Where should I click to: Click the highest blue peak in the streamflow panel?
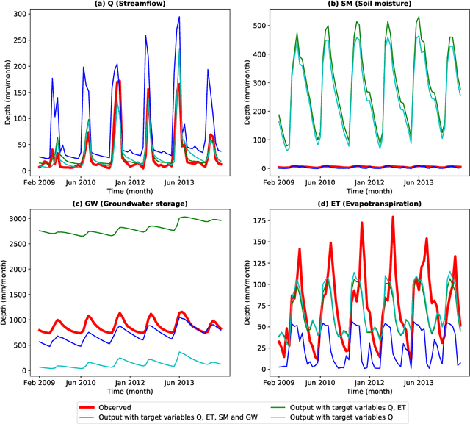point(178,17)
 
